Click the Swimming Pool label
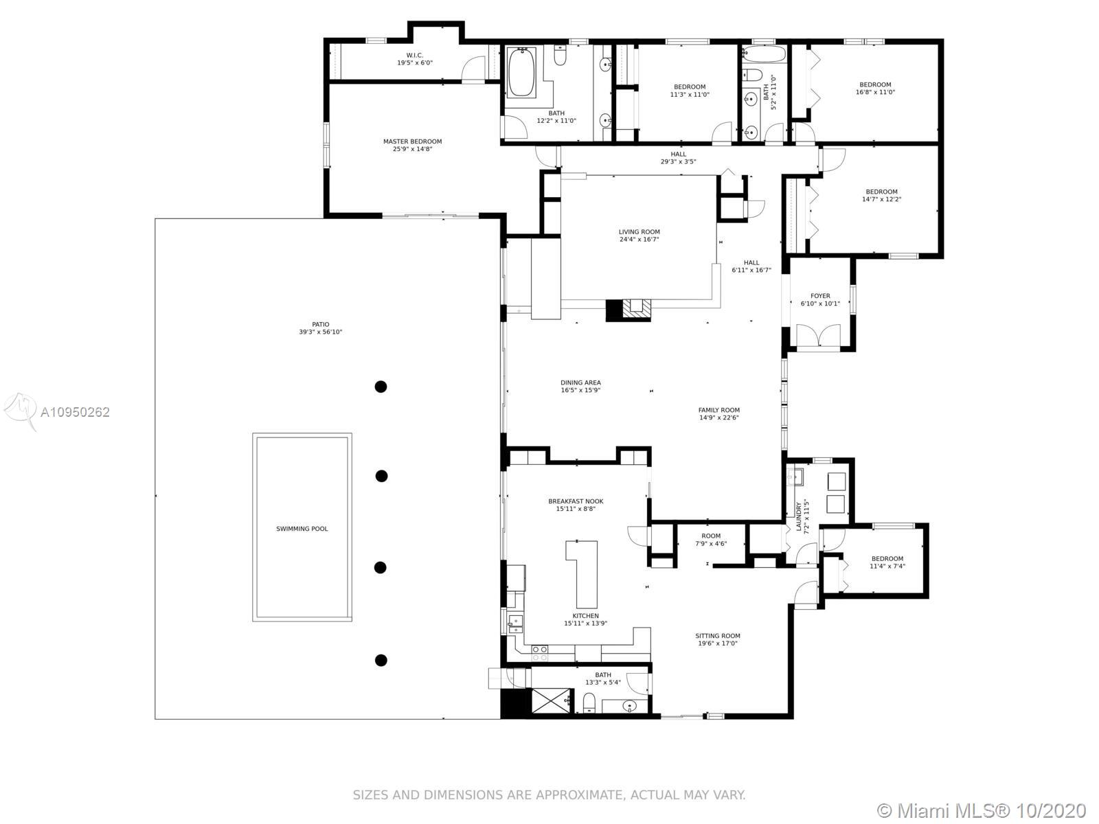pyautogui.click(x=302, y=529)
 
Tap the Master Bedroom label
pyautogui.click(x=413, y=141)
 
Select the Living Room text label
pyautogui.click(x=639, y=231)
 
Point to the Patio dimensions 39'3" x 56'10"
pyautogui.click(x=321, y=332)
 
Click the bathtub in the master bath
pyautogui.click(x=521, y=72)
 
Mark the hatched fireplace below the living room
pyautogui.click(x=637, y=310)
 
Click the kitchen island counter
pyautogui.click(x=583, y=574)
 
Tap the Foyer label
pyautogui.click(x=820, y=296)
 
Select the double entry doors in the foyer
pyautogui.click(x=819, y=335)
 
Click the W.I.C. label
pyautogui.click(x=415, y=55)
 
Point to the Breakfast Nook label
pyautogui.click(x=576, y=501)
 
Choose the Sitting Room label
pyautogui.click(x=718, y=636)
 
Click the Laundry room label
pyautogui.click(x=799, y=517)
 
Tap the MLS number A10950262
pyautogui.click(x=75, y=412)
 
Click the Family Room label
pyautogui.click(x=719, y=410)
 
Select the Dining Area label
pyautogui.click(x=581, y=382)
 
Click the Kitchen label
pyautogui.click(x=586, y=616)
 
